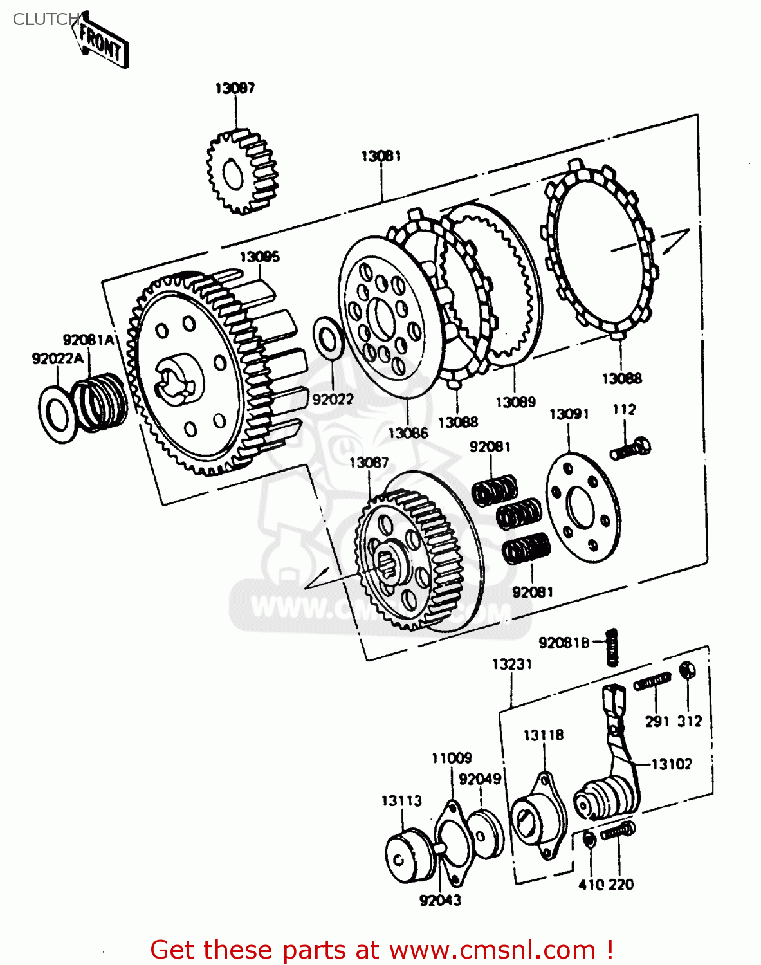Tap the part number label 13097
coord(235,88)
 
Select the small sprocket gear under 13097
coord(241,172)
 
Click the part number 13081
coord(381,156)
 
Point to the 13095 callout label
coord(259,257)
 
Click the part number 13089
coord(515,402)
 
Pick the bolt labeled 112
coord(630,448)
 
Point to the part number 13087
coord(369,463)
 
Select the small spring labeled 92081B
coord(612,647)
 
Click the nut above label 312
coord(687,670)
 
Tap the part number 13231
coord(512,664)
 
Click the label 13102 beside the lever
coord(672,764)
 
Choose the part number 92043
coord(440,900)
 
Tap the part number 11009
coord(451,758)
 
